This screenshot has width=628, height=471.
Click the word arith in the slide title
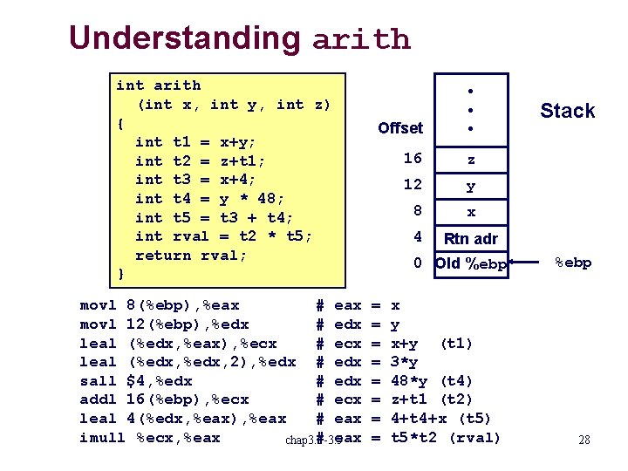[x=361, y=39]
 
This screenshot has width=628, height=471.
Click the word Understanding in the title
[x=185, y=38]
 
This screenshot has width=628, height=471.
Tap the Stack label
[x=567, y=111]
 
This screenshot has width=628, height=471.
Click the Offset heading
[x=400, y=128]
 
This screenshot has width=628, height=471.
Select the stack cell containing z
[x=471, y=160]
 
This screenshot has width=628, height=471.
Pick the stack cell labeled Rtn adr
[x=471, y=238]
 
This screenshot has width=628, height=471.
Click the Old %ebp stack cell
[x=471, y=263]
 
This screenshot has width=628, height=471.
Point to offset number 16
[x=413, y=158]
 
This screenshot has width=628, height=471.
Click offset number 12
[x=413, y=185]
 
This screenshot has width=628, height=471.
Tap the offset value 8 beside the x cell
[x=418, y=210]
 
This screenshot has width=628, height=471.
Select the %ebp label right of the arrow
[x=573, y=263]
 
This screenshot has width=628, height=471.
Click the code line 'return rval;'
[x=191, y=256]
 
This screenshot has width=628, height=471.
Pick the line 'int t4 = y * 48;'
[x=210, y=198]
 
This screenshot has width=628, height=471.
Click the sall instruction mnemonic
[x=98, y=381]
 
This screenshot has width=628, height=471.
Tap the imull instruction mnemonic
[x=103, y=438]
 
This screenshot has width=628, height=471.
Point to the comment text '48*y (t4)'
[x=433, y=381]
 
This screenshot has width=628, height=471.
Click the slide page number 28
[x=584, y=440]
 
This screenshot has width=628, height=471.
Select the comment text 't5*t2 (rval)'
[x=446, y=438]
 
